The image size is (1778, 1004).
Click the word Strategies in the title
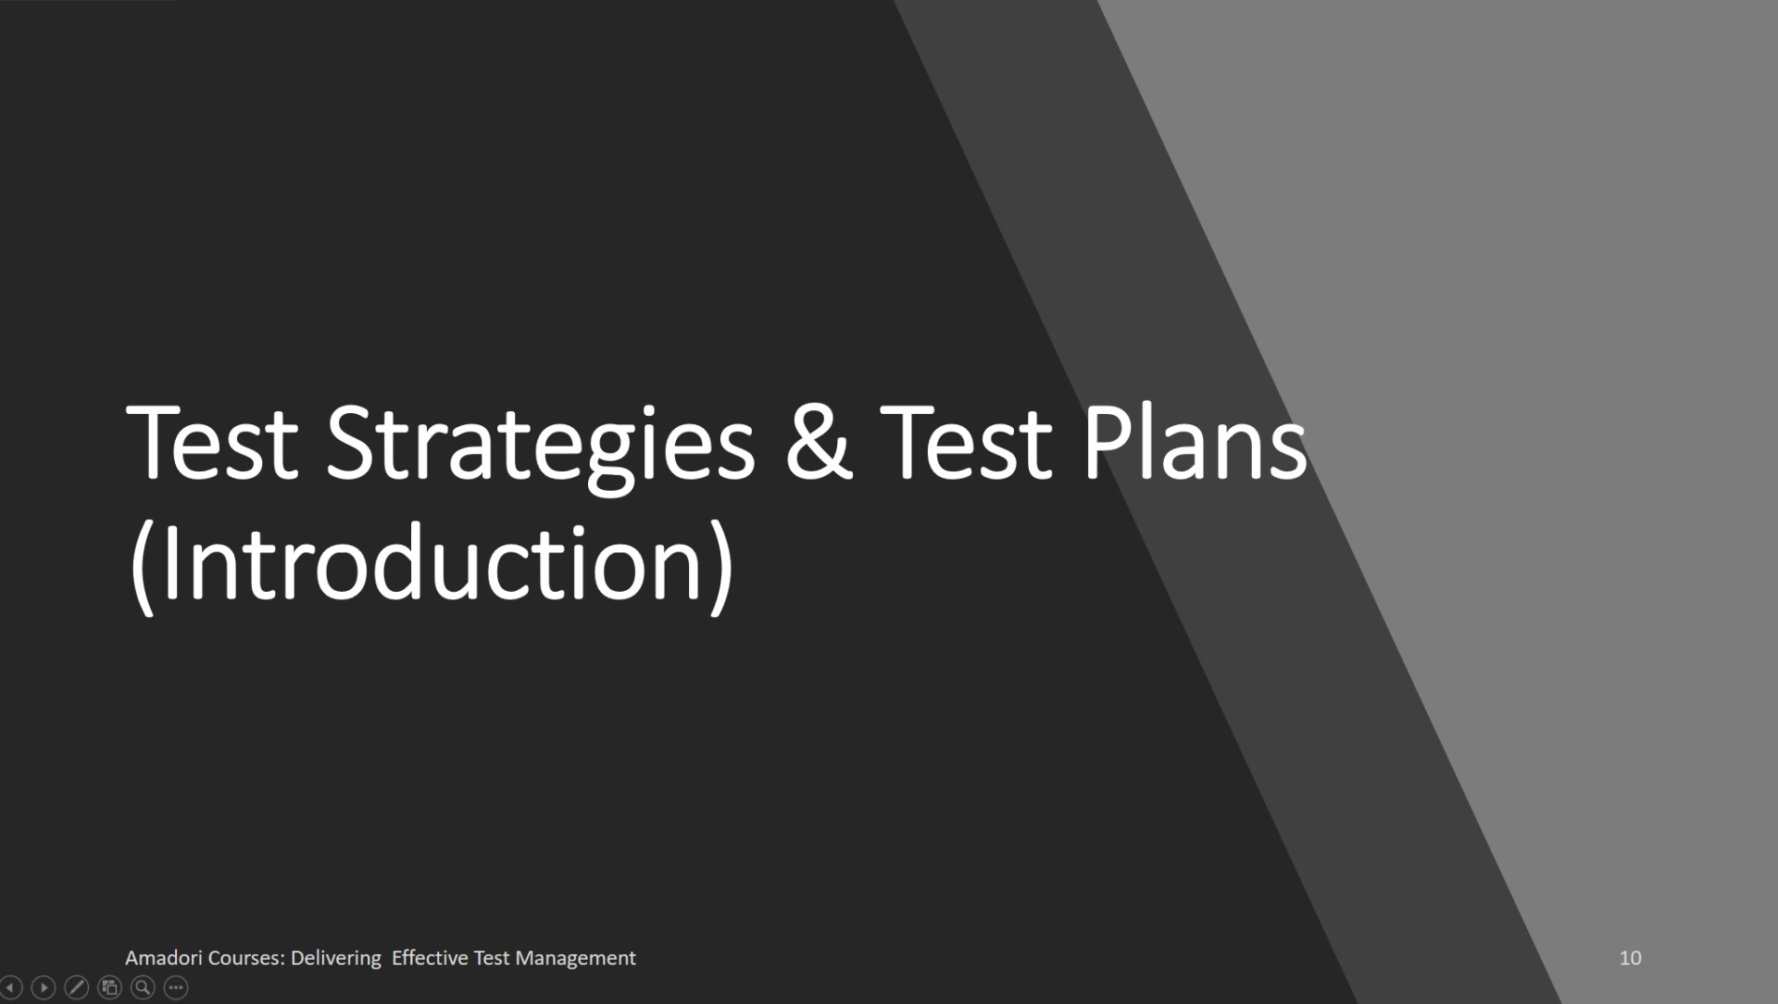pos(540,445)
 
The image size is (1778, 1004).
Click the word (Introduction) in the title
pos(432,564)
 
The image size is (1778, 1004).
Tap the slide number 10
pos(1630,958)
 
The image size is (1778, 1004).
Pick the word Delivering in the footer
pos(335,958)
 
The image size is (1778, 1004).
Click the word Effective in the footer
pos(430,958)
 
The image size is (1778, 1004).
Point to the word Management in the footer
pos(575,958)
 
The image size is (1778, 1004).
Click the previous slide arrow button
pos(10,988)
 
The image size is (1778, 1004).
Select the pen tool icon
pos(77,988)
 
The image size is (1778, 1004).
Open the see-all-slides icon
pos(110,988)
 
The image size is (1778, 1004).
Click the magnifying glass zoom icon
pos(143,988)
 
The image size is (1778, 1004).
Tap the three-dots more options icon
pos(176,988)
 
